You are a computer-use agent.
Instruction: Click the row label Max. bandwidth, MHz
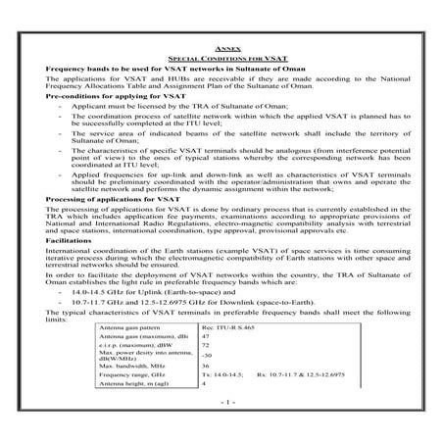[x=122, y=394]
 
